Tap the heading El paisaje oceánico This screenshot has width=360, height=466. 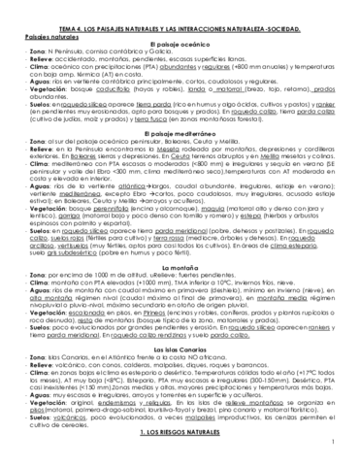click(x=180, y=33)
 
